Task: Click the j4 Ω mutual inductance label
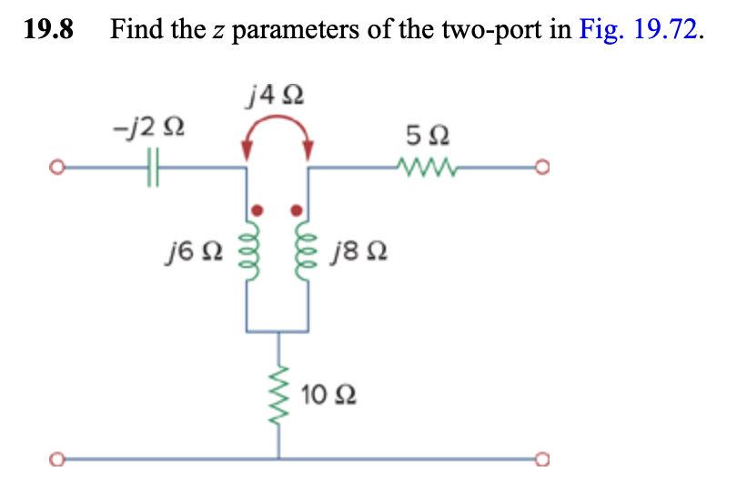click(x=277, y=94)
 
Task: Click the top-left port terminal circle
click(x=56, y=169)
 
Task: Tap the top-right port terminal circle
click(x=544, y=169)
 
